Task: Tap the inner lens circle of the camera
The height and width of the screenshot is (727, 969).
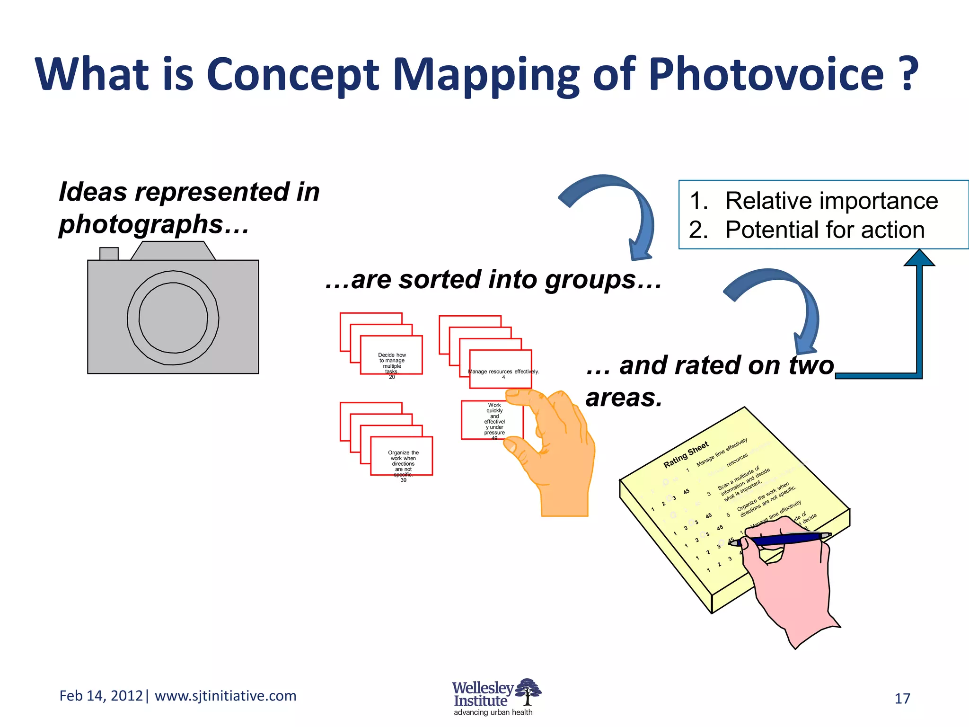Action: [x=173, y=318]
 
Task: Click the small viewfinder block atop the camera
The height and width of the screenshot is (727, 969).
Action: [x=109, y=254]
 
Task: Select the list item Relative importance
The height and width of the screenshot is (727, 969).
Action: [x=831, y=201]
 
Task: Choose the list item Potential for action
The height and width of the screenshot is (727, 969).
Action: [x=824, y=230]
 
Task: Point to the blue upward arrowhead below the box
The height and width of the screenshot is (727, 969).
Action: [x=919, y=258]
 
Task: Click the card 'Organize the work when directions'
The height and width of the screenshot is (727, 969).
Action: [x=402, y=457]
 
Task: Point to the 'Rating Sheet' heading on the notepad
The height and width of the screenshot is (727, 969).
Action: [x=686, y=455]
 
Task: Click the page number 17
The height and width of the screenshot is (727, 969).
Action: [x=902, y=699]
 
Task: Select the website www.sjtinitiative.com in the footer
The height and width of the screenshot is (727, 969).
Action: [x=226, y=696]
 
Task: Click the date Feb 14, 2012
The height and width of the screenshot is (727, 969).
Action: [x=101, y=696]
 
